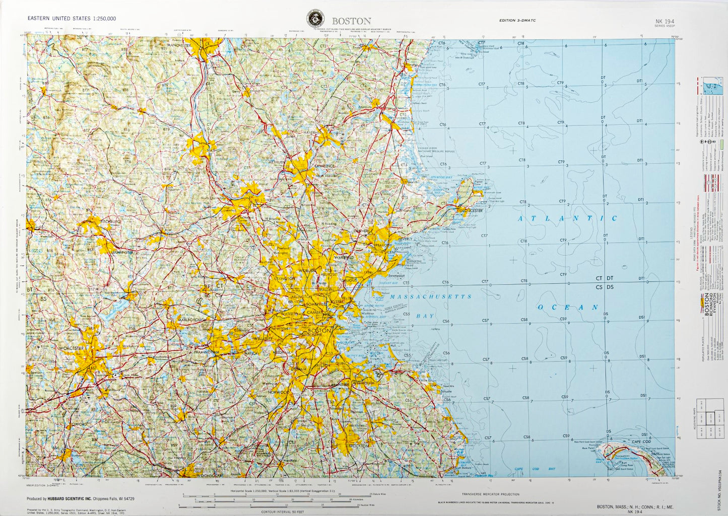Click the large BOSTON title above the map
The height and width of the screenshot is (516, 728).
click(x=351, y=21)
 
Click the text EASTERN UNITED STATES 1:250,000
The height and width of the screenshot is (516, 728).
click(x=72, y=19)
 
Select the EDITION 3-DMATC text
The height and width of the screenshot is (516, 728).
click(x=517, y=20)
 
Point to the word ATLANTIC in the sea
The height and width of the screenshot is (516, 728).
click(x=568, y=218)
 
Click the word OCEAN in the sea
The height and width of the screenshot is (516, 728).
click(x=568, y=307)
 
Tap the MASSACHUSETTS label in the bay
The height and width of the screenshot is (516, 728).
click(x=431, y=297)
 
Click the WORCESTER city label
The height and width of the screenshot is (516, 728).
click(x=71, y=348)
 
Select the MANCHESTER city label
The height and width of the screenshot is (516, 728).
click(x=179, y=45)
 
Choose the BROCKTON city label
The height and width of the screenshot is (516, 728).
click(x=359, y=446)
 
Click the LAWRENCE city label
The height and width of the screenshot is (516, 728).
click(x=325, y=166)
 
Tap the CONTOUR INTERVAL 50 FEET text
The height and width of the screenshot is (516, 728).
click(x=284, y=512)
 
